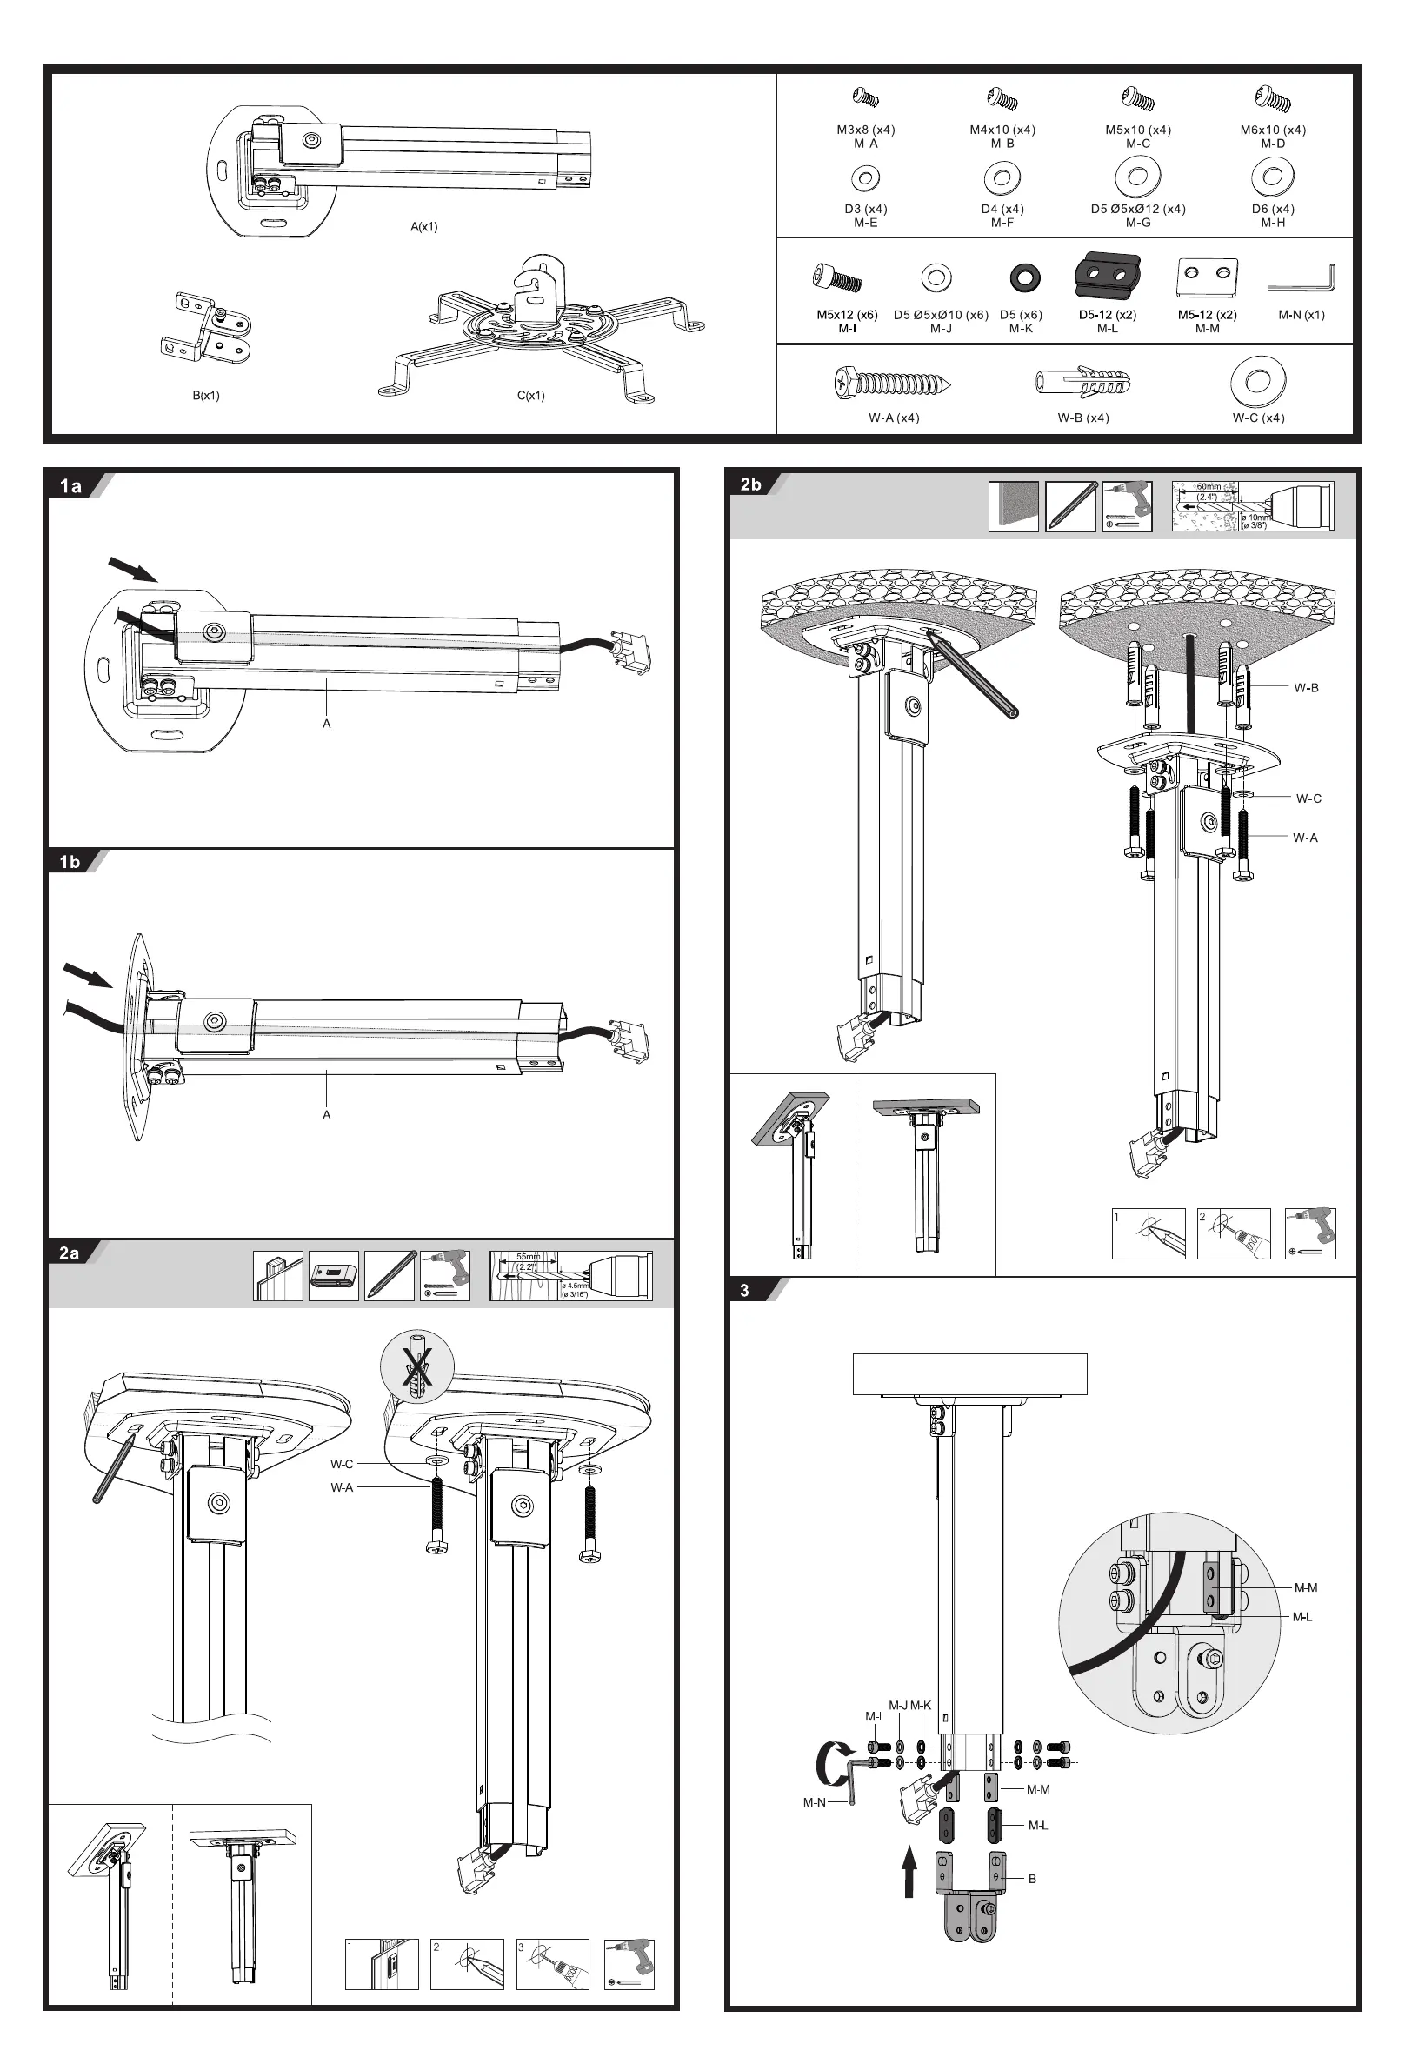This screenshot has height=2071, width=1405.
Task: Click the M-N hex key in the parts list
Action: point(1302,278)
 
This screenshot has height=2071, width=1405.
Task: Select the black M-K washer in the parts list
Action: point(1021,278)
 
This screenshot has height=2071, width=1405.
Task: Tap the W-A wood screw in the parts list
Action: point(894,384)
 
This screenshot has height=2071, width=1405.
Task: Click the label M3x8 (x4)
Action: point(865,130)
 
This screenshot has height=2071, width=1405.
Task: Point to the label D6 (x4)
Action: point(1272,210)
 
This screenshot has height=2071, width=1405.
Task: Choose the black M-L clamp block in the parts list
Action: point(1108,277)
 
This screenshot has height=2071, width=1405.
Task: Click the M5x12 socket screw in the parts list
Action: point(837,279)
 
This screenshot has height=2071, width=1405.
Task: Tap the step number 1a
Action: point(70,485)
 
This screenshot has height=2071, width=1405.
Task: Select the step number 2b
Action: point(751,484)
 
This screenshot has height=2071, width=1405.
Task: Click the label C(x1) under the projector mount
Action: point(530,396)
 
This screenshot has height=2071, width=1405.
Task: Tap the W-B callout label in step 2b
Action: point(1306,688)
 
